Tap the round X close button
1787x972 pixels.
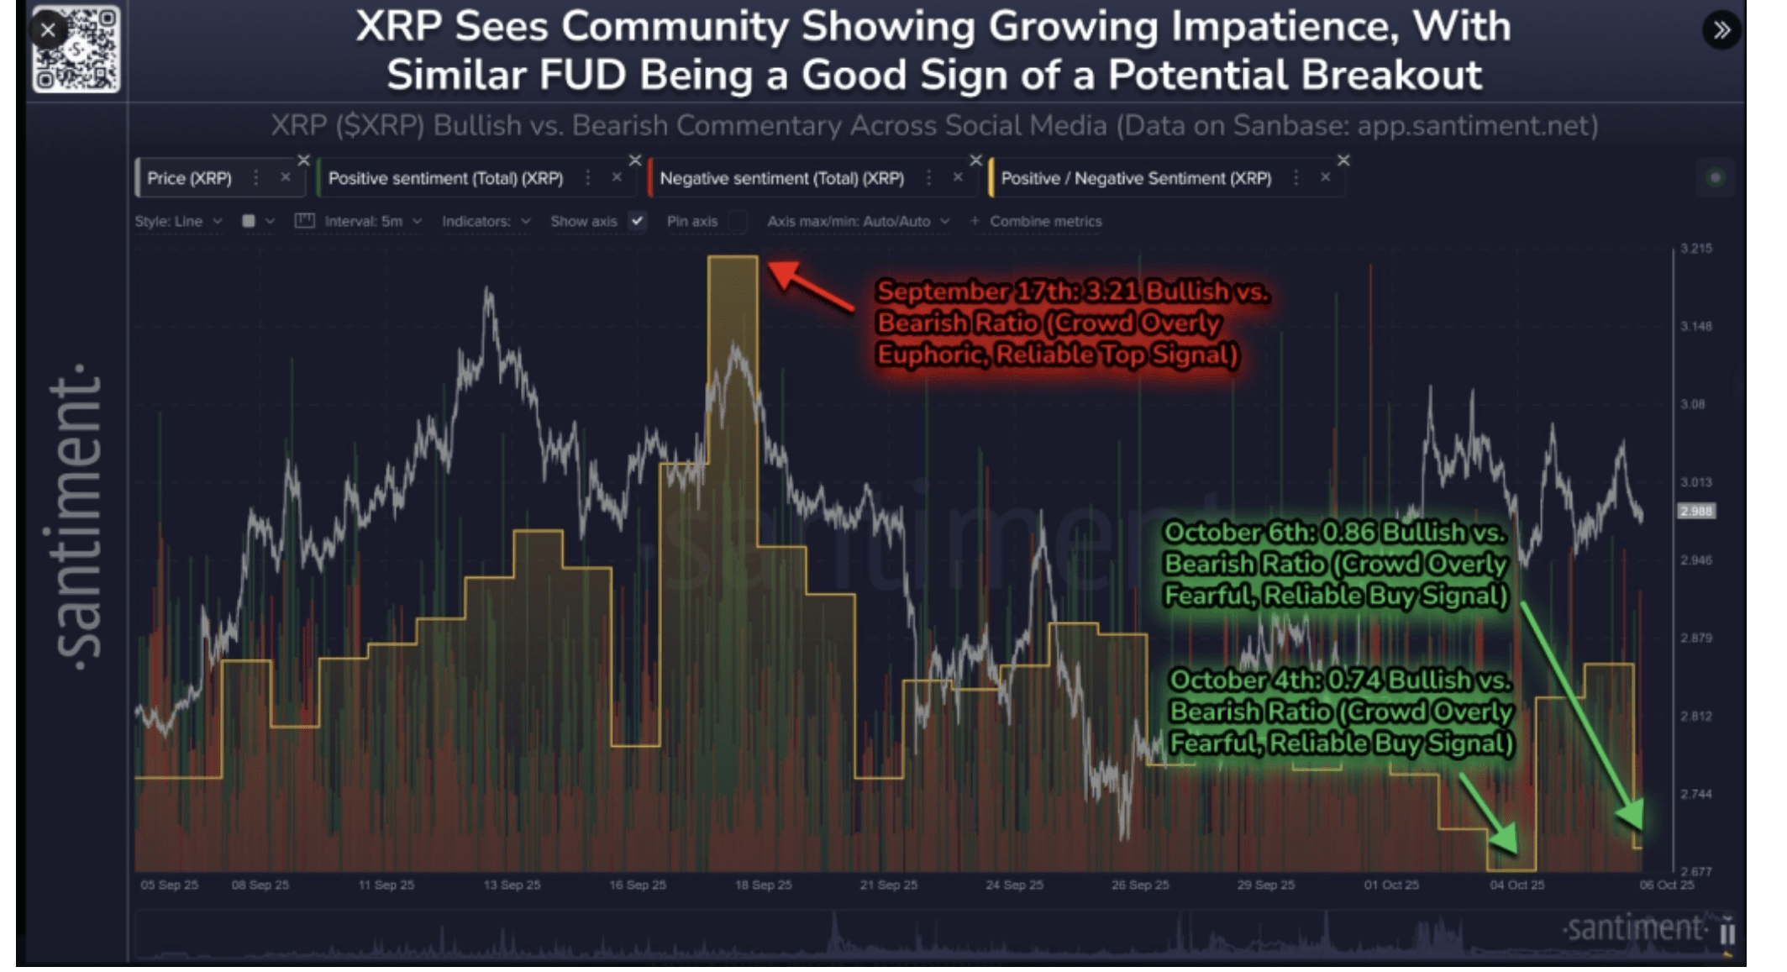coord(48,30)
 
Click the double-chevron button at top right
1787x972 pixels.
coord(1721,30)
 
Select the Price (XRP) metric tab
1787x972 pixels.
coord(190,178)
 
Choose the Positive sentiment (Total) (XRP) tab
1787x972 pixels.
coord(445,178)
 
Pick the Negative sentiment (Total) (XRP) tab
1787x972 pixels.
coord(781,178)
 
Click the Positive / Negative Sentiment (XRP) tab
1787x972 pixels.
coord(1136,178)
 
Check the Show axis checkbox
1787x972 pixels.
coord(638,221)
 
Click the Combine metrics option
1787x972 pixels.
coord(1045,221)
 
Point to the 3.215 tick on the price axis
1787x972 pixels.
coord(1696,249)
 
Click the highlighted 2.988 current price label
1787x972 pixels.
coord(1696,511)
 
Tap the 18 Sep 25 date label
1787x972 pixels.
coord(763,885)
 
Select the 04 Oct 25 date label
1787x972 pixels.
coord(1516,885)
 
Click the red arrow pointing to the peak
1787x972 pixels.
coord(810,286)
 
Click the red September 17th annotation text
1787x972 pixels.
coord(1071,323)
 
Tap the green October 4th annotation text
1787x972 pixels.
coord(1341,712)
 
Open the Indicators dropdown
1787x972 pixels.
coord(486,221)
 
